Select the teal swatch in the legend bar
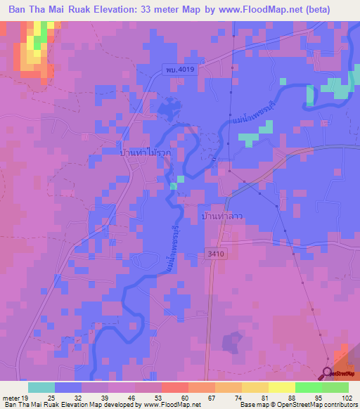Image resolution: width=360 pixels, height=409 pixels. click(x=41, y=387)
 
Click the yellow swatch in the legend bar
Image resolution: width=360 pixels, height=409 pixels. click(x=282, y=387)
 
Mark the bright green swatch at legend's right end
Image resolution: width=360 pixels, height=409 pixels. click(x=335, y=387)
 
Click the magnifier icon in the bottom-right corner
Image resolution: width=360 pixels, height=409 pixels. click(x=328, y=372)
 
